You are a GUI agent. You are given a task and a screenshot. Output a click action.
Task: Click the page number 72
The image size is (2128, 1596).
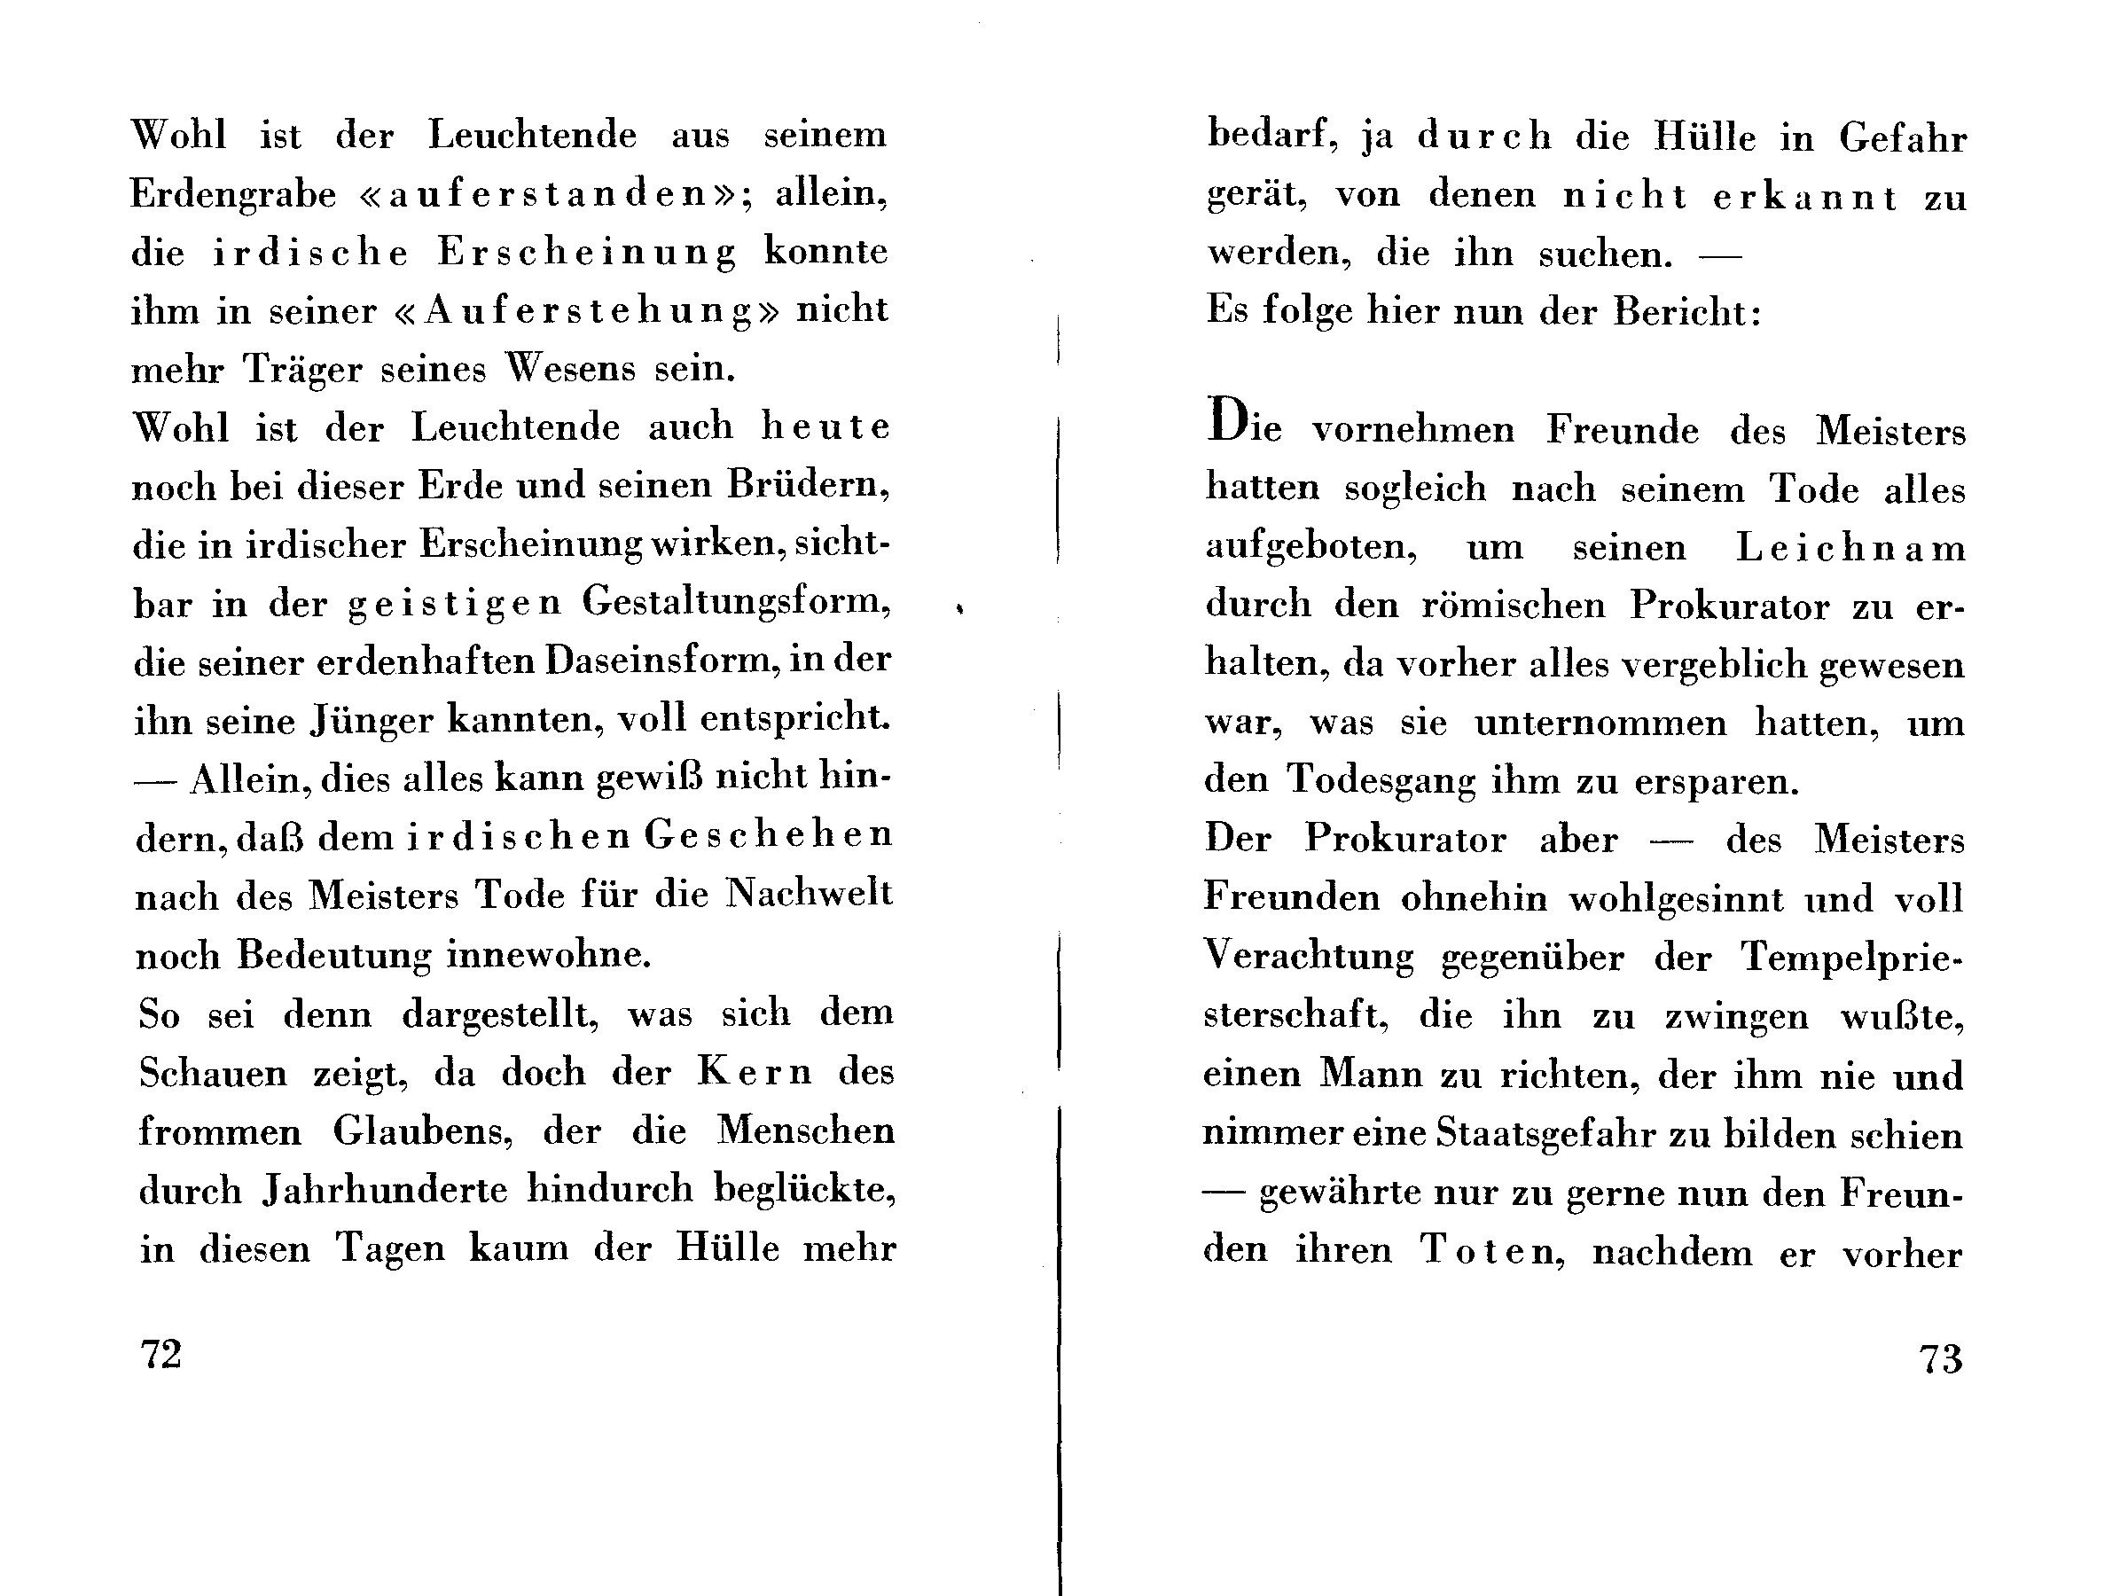click(x=161, y=1355)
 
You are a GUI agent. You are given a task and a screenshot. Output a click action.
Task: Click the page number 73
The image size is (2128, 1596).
click(x=1940, y=1358)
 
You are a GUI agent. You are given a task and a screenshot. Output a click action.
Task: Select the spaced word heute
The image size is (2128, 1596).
click(x=826, y=427)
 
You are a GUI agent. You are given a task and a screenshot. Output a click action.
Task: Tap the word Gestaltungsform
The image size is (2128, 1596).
click(x=737, y=602)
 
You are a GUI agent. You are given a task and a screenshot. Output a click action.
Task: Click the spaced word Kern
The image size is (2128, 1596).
click(x=755, y=1072)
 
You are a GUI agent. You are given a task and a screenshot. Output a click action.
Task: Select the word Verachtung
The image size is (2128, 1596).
click(x=1310, y=956)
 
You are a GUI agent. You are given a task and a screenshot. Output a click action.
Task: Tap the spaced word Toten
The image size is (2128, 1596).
click(x=1492, y=1250)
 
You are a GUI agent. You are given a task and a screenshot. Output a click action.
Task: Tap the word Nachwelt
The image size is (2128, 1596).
click(x=808, y=895)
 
